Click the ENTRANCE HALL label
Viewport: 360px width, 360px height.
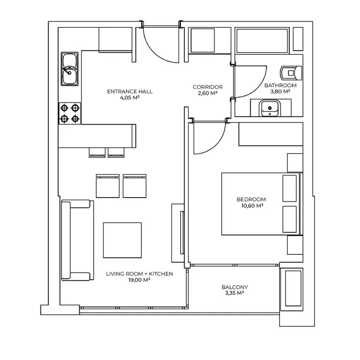pyautogui.click(x=130, y=91)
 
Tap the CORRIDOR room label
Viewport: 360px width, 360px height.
pyautogui.click(x=208, y=87)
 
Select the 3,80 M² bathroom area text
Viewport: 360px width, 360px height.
pyautogui.click(x=280, y=91)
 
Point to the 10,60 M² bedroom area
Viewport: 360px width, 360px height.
pyautogui.click(x=252, y=206)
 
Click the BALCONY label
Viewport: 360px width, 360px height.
pyautogui.click(x=234, y=287)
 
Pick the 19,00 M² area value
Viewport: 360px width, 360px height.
pyautogui.click(x=139, y=279)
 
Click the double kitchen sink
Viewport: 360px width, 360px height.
pyautogui.click(x=70, y=69)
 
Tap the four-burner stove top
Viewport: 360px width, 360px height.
pyautogui.click(x=70, y=113)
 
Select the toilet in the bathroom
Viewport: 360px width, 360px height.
pyautogui.click(x=291, y=73)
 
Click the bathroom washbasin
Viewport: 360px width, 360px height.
pyautogui.click(x=270, y=108)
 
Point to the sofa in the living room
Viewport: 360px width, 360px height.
pyautogui.click(x=77, y=240)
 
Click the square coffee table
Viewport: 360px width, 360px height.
pyautogui.click(x=122, y=240)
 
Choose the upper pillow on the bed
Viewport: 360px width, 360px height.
pyautogui.click(x=289, y=189)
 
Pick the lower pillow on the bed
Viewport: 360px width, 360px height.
pyautogui.click(x=289, y=219)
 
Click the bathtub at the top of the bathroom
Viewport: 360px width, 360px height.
pyautogui.click(x=262, y=40)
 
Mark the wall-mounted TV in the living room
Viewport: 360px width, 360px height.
pyautogui.click(x=182, y=233)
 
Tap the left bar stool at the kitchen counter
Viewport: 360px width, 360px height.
pyautogui.click(x=97, y=153)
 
